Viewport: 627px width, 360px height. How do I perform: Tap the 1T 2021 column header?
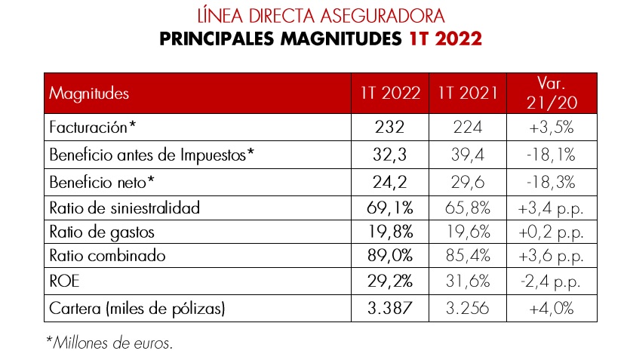click(467, 94)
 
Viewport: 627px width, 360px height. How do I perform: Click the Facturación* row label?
click(92, 128)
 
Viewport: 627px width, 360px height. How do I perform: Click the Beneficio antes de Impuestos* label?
click(151, 155)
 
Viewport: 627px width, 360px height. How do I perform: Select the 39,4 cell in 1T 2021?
click(468, 155)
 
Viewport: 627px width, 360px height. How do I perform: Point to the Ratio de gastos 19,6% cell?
click(468, 231)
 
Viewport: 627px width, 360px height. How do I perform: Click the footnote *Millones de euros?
click(109, 343)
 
